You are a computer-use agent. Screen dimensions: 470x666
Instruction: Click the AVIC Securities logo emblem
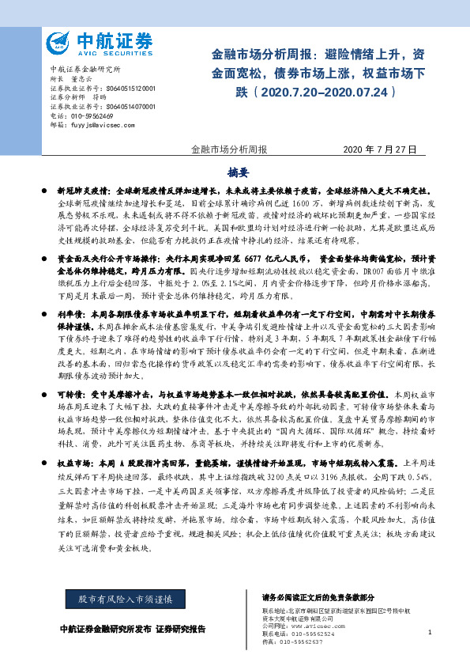[59, 42]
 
